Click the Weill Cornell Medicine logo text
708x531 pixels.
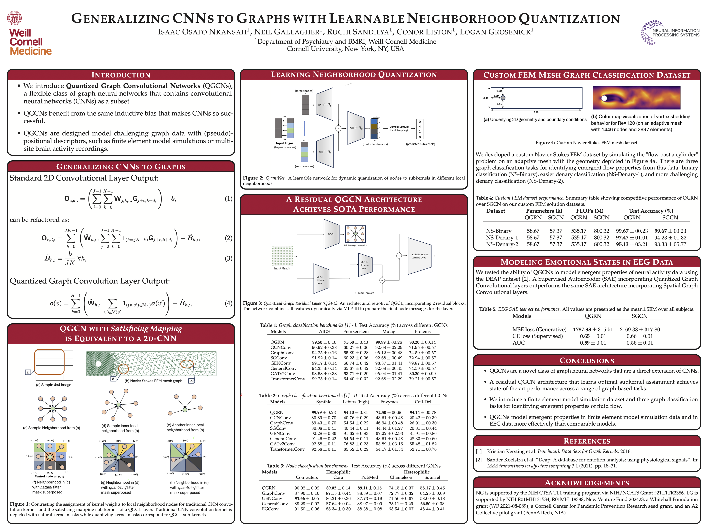[x=30, y=42]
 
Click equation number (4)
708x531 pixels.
[x=228, y=303]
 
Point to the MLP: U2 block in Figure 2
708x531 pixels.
[x=356, y=128]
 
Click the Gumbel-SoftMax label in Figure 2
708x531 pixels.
[x=399, y=127]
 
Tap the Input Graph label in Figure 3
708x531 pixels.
[x=282, y=268]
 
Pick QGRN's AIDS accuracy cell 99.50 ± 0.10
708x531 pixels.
[x=324, y=342]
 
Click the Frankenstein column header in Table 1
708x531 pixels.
[x=356, y=332]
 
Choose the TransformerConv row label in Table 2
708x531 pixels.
[x=287, y=449]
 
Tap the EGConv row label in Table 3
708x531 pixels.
[x=270, y=509]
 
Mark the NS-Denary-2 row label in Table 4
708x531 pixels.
[x=502, y=244]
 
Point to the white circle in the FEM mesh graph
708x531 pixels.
[x=98, y=364]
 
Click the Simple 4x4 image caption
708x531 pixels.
[x=53, y=385]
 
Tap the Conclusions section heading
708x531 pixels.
[x=587, y=361]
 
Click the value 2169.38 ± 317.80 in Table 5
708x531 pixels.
[x=639, y=329]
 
